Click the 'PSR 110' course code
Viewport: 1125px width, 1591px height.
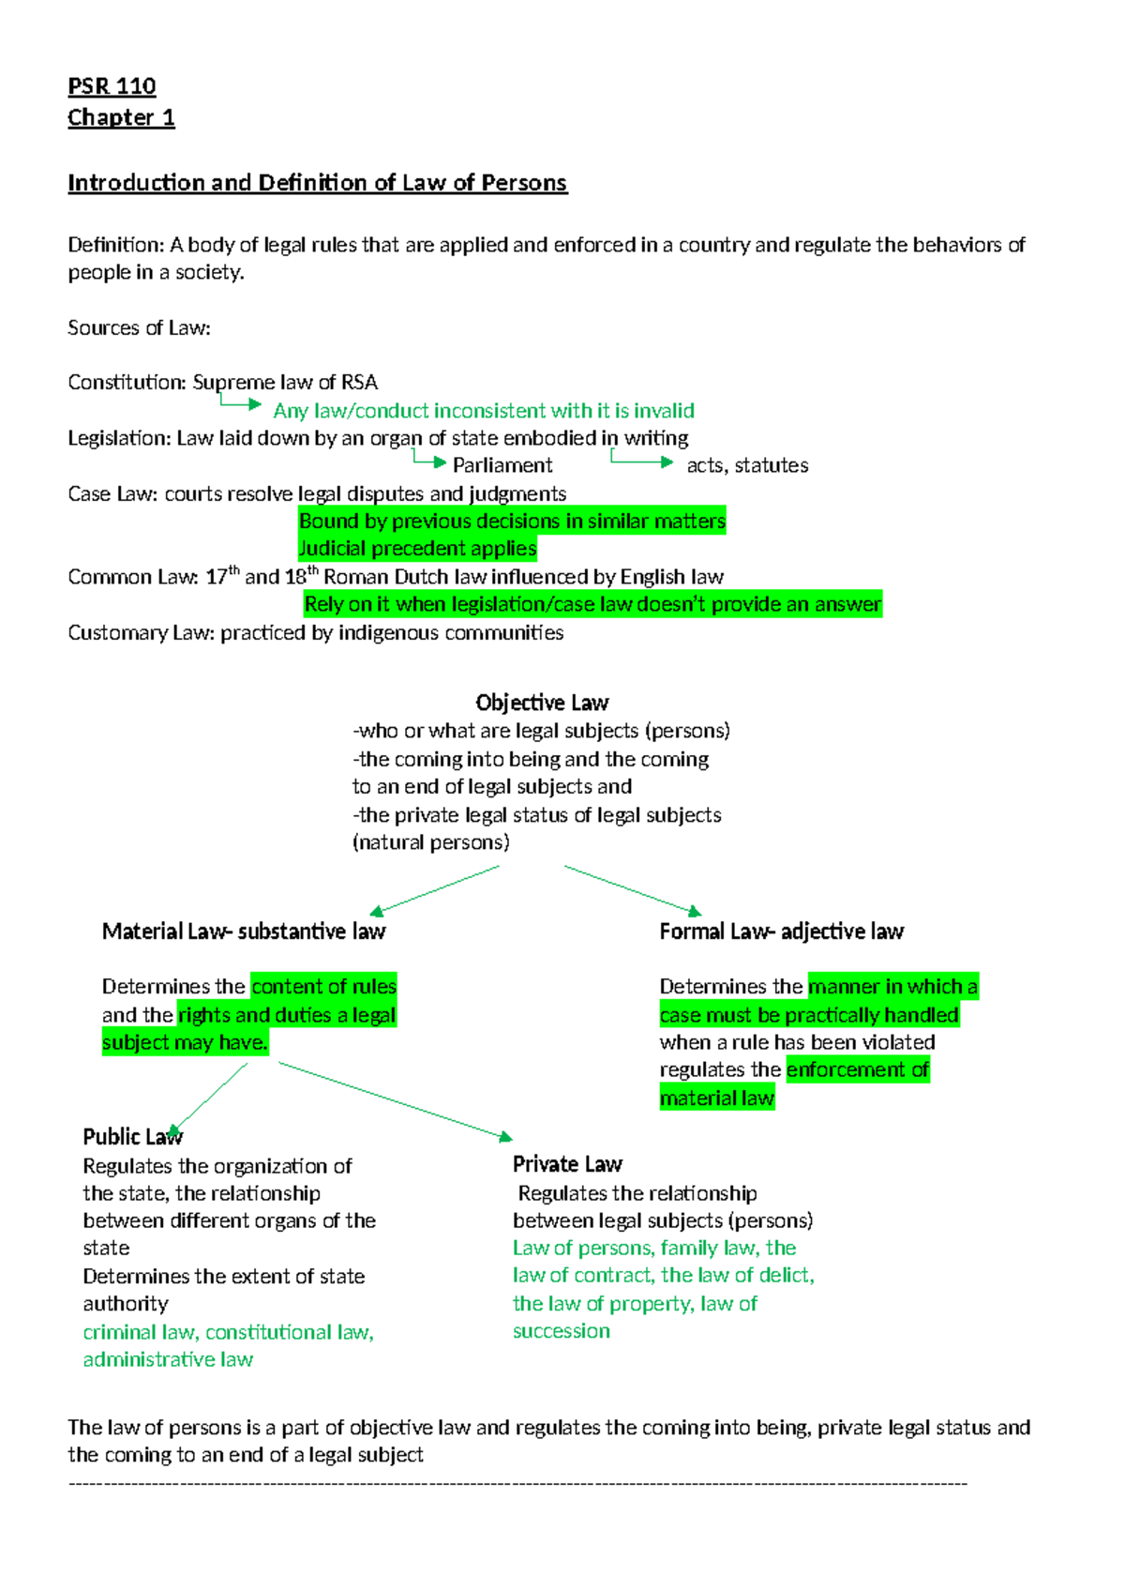pyautogui.click(x=112, y=86)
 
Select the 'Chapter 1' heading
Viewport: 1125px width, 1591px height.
pyautogui.click(x=121, y=117)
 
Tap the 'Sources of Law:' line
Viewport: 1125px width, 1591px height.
pyautogui.click(x=139, y=327)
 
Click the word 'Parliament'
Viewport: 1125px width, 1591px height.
pyautogui.click(x=502, y=465)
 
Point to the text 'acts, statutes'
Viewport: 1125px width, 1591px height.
pyautogui.click(x=747, y=465)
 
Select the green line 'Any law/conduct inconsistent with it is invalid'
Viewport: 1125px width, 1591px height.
pyautogui.click(x=484, y=411)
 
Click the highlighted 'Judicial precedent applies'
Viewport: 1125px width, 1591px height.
pyautogui.click(x=417, y=548)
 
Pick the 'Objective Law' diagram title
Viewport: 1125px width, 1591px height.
pyautogui.click(x=542, y=703)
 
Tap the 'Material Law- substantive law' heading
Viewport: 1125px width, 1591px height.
pyautogui.click(x=244, y=932)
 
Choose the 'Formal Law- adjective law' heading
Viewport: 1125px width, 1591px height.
pyautogui.click(x=781, y=932)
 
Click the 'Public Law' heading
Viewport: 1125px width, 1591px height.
pyautogui.click(x=132, y=1137)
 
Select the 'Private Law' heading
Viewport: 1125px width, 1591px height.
pyautogui.click(x=567, y=1164)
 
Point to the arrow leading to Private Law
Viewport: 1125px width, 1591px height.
pyautogui.click(x=395, y=1100)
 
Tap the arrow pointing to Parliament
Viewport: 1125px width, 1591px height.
pyautogui.click(x=428, y=460)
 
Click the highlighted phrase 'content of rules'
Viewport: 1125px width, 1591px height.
pyautogui.click(x=323, y=987)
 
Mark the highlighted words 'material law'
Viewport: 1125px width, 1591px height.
pyautogui.click(x=717, y=1098)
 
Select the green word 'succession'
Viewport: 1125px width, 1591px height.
pyautogui.click(x=561, y=1331)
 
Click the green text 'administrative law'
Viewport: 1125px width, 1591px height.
pyautogui.click(x=168, y=1359)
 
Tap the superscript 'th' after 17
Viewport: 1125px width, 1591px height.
pyautogui.click(x=234, y=569)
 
